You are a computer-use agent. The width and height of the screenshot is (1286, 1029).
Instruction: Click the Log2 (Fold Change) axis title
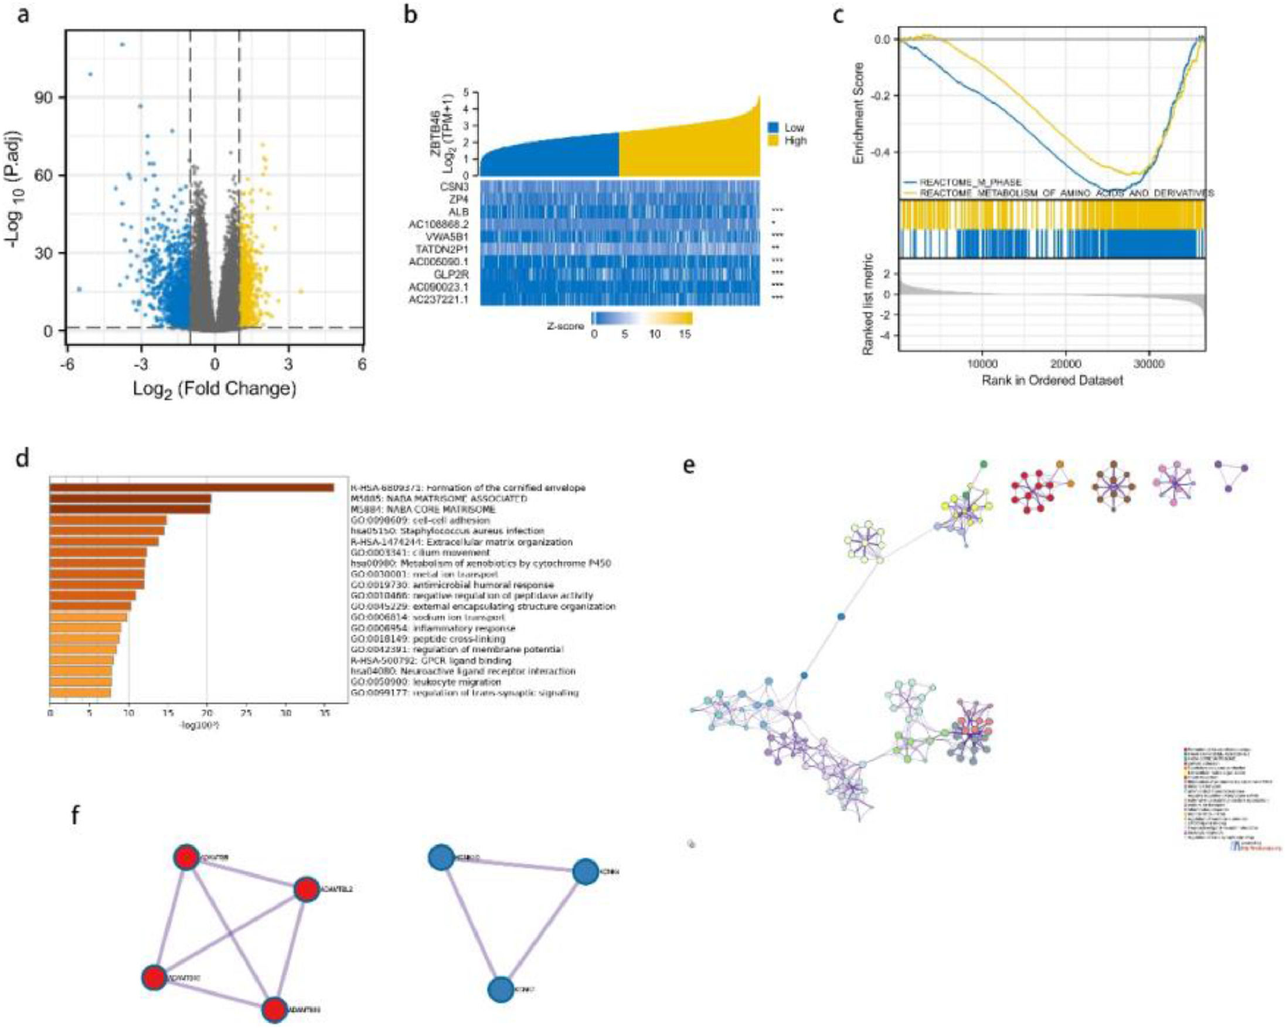[x=214, y=388]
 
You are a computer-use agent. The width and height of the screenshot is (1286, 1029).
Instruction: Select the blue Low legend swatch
[x=773, y=128]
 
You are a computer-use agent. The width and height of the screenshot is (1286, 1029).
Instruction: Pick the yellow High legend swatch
[x=773, y=141]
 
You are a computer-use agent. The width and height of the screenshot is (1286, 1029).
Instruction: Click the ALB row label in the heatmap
[x=458, y=212]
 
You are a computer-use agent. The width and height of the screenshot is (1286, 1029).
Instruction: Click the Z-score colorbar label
[x=566, y=326]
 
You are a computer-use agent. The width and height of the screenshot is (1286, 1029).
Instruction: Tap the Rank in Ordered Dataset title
[x=1052, y=380]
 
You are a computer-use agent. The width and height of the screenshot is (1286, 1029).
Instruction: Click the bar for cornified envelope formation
[x=191, y=488]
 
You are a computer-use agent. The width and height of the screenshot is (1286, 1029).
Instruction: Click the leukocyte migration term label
[x=426, y=682]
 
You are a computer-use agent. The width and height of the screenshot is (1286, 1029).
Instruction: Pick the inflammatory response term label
[x=433, y=628]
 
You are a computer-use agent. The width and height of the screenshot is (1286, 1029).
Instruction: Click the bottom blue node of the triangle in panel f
[x=501, y=939]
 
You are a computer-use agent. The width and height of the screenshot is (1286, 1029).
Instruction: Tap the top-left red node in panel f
[x=187, y=858]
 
